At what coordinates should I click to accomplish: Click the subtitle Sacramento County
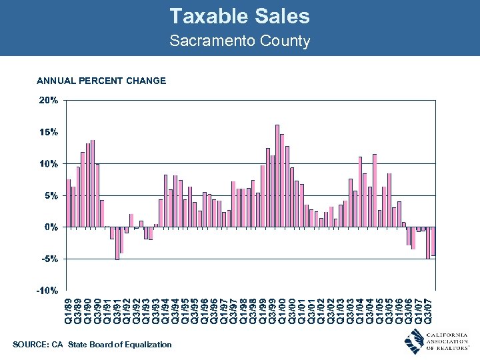coord(239,41)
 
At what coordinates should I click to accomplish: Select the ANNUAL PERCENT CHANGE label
coord(101,81)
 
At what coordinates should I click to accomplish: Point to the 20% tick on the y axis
coord(49,101)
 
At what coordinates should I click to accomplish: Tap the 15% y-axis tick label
coord(49,132)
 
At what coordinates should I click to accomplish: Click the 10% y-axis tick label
coord(49,164)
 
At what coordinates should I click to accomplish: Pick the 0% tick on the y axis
coord(51,227)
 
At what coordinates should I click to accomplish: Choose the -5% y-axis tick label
coord(49,259)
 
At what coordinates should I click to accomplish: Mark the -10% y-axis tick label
coord(47,291)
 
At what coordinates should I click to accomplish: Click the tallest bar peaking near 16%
coord(277,176)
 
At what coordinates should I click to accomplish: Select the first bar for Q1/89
coord(69,203)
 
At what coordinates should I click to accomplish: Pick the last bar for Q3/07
coord(433,241)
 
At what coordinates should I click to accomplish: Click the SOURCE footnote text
coord(92,345)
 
